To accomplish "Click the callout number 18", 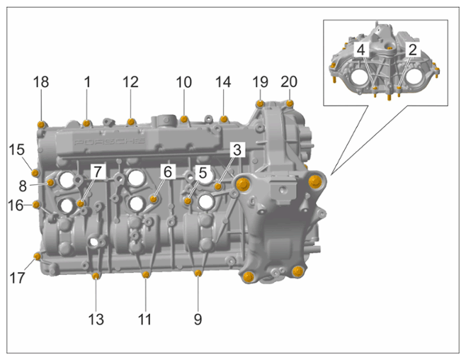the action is pos(41,82).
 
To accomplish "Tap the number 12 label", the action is pos(130,82).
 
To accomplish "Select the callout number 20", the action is pos(289,81).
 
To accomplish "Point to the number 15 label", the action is pos(17,150).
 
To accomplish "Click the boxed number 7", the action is pos(98,171).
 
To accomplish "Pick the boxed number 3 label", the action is pos(237,150).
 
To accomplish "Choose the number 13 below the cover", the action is pos(96,320).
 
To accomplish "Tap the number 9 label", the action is pos(198,320).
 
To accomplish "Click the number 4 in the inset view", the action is pos(360,50).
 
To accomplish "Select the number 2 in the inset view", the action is pos(412,50).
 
